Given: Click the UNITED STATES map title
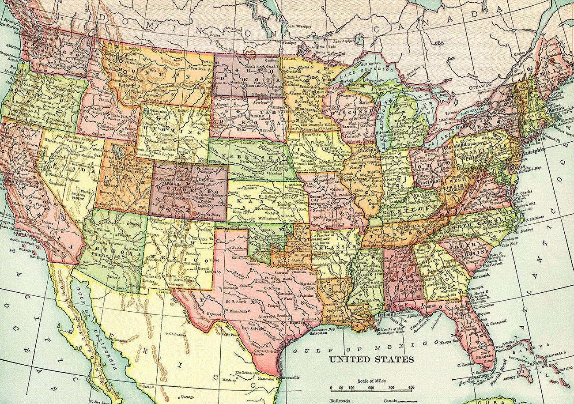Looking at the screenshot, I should coord(371,359).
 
